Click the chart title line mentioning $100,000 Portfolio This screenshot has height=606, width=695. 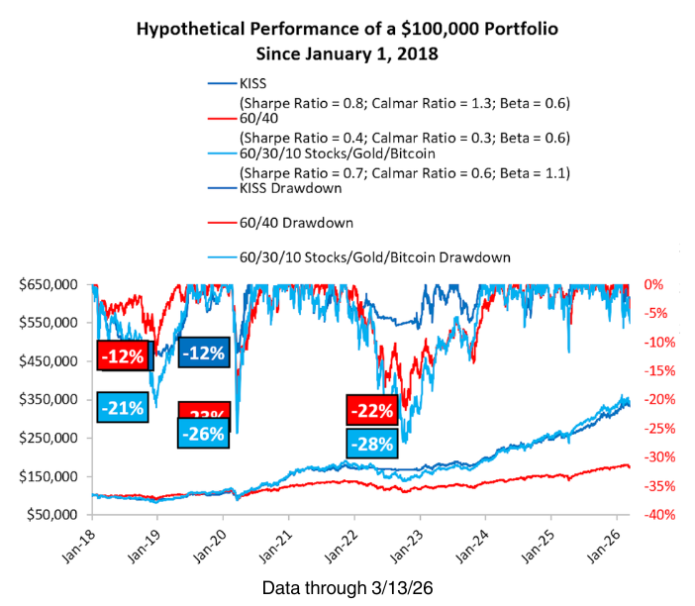click(x=347, y=29)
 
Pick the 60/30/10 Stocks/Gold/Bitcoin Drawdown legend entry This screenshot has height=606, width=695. click(x=374, y=256)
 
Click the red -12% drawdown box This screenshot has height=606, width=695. click(x=124, y=354)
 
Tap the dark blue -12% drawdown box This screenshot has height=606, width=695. click(x=205, y=352)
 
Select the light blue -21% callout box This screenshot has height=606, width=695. click(x=124, y=406)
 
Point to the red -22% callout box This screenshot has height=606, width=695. click(x=372, y=410)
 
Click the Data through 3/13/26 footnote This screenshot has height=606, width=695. click(x=347, y=587)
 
